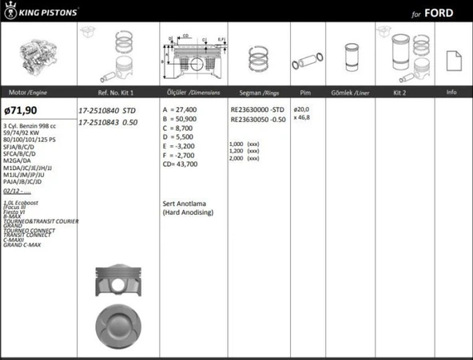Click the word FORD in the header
click(x=440, y=14)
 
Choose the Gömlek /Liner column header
click(x=349, y=93)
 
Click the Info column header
click(x=451, y=93)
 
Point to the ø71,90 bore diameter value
click(x=21, y=112)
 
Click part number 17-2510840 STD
click(x=109, y=111)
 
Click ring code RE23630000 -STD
click(x=257, y=109)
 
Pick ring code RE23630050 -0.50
click(x=257, y=119)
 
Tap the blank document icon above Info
click(x=451, y=59)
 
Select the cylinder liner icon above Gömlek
click(x=349, y=57)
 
